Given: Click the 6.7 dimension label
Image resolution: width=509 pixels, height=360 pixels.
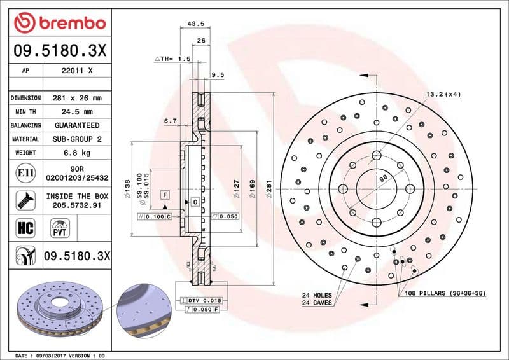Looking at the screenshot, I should (x=170, y=121).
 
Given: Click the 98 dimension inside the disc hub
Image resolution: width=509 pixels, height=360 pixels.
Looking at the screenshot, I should (x=383, y=179).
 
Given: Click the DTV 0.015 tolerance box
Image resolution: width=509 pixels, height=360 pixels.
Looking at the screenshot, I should (x=204, y=300).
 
